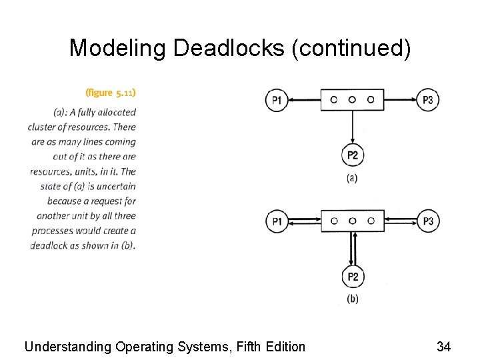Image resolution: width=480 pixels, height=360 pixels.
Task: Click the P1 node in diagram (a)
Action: point(277,101)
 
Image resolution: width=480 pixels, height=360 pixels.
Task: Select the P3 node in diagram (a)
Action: point(428,101)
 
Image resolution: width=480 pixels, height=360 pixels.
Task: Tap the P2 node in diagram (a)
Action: point(353,156)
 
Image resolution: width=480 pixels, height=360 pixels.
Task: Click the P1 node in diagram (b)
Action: point(277,221)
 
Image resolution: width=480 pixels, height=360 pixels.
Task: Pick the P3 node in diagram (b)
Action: point(428,221)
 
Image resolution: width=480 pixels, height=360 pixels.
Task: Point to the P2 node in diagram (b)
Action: point(353,277)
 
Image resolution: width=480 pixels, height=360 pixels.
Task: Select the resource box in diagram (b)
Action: point(352,221)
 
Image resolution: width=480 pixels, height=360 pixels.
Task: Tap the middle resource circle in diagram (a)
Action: point(352,100)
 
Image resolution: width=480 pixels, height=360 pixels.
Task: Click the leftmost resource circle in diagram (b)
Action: point(334,221)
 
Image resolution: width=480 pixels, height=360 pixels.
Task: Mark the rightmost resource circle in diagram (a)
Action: point(371,100)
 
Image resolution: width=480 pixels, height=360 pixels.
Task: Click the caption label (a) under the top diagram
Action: point(352,179)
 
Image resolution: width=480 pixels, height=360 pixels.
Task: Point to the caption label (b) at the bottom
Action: point(352,299)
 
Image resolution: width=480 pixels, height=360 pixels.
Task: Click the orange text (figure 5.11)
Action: point(111,92)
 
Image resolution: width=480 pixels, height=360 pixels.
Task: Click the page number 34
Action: point(443,346)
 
